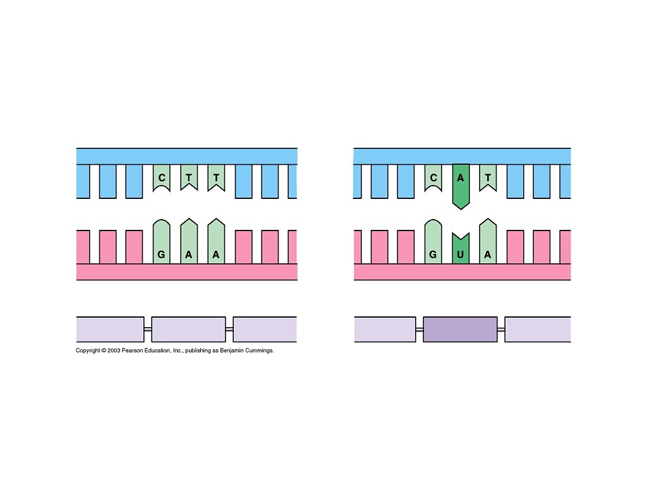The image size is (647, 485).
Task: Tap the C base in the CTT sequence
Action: pos(162,178)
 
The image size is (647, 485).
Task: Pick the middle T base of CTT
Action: pos(189,178)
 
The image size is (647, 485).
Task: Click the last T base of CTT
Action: pos(216,178)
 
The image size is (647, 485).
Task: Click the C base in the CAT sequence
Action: pos(433,178)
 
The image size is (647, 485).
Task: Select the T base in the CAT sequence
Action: pos(488,178)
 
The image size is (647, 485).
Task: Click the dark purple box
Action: pos(460,329)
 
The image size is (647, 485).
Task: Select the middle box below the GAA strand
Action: pos(188,329)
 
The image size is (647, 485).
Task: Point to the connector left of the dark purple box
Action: pos(420,329)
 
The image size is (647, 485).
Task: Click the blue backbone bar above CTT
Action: pos(187,156)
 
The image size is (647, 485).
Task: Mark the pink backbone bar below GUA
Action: pos(462,272)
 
